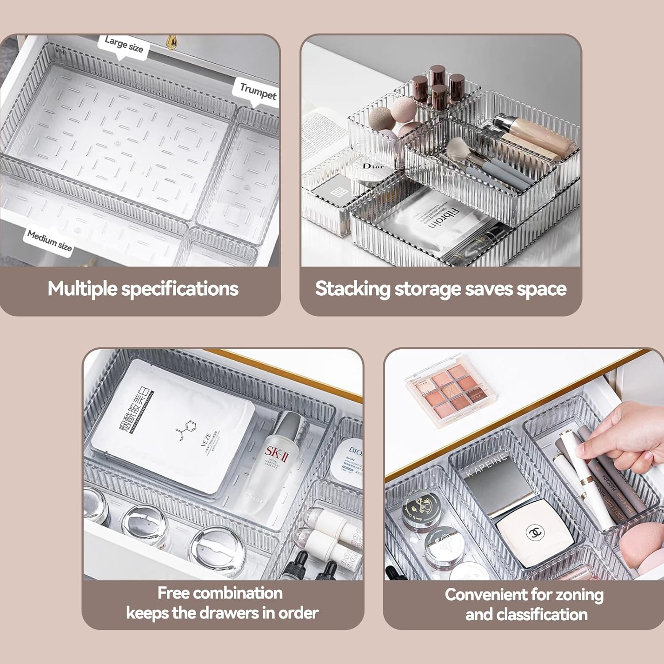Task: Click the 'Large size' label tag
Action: [124, 45]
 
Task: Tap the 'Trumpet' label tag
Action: [258, 91]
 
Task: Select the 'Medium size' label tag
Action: [49, 240]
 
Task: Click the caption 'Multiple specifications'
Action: [143, 289]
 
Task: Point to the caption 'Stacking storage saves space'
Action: [440, 289]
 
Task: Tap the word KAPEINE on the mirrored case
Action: [486, 465]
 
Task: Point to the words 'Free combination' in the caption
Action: [220, 593]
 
